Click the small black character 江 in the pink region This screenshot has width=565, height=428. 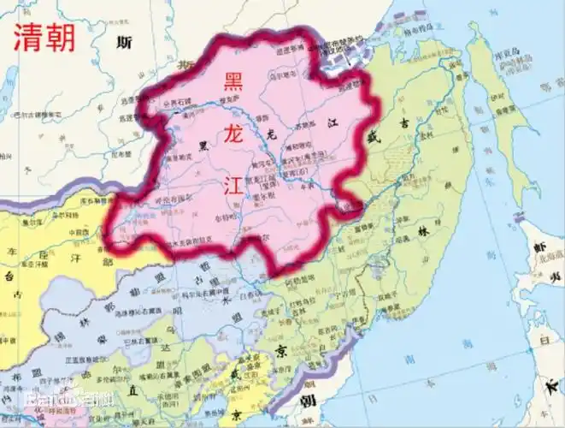coord(333,123)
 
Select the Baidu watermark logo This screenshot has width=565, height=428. coord(60,401)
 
